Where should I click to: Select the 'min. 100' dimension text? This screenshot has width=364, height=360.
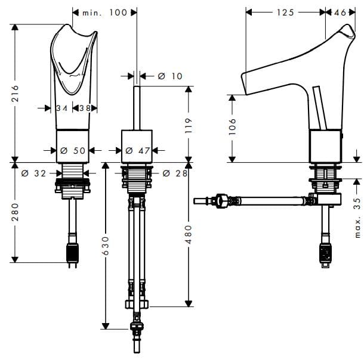click(105, 13)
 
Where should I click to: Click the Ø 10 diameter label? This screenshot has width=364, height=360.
click(170, 76)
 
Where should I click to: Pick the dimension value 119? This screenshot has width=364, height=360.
click(189, 124)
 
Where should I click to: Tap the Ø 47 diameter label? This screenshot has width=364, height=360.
click(138, 151)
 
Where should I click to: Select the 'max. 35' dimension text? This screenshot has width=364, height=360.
click(357, 217)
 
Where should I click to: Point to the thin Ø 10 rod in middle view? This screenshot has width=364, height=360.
click(137, 107)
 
